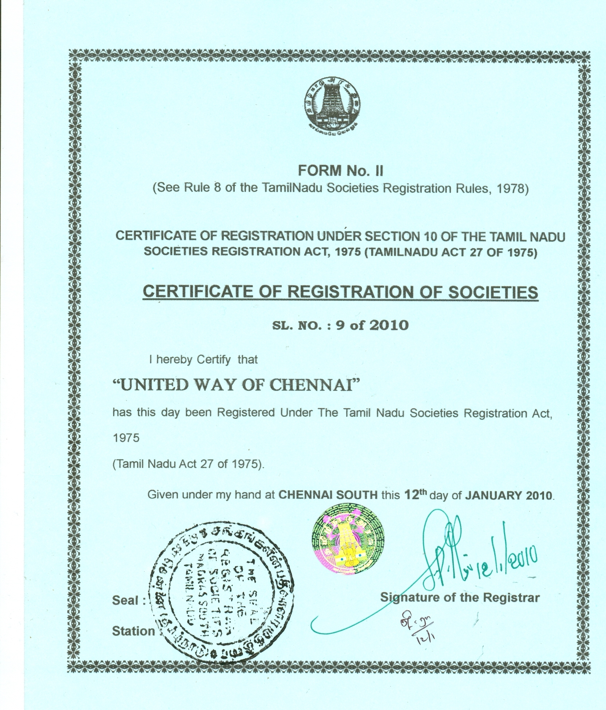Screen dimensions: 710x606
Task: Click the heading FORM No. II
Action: click(340, 170)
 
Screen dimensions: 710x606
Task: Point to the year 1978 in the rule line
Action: click(511, 189)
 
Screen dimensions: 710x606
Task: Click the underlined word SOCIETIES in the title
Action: click(490, 292)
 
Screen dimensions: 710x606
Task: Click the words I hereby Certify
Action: click(189, 360)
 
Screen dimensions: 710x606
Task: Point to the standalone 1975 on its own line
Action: click(126, 438)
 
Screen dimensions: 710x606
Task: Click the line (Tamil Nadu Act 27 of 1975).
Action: click(188, 464)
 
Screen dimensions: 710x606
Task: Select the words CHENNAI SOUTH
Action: click(328, 495)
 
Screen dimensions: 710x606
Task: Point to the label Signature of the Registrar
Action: click(460, 597)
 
